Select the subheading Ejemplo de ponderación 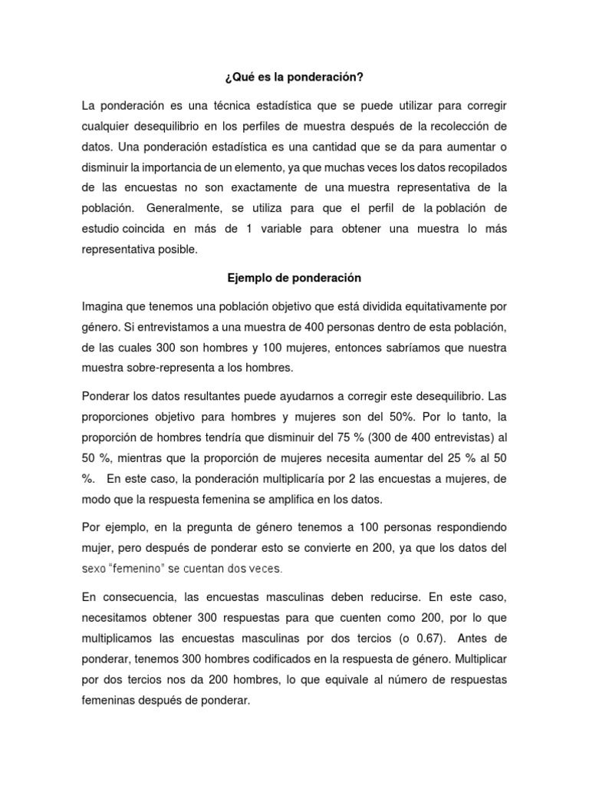(294, 277)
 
